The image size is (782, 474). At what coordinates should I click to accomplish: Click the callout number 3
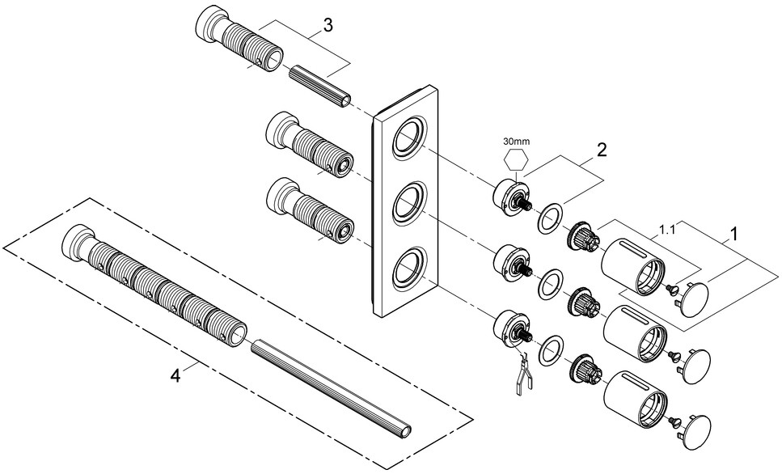coord(328,25)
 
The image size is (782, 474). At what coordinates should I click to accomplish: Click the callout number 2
coord(602,150)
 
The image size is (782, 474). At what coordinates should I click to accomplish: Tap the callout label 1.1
coord(667,230)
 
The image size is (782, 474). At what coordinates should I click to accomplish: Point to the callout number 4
coord(175,375)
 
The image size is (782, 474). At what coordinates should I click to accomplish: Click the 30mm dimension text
coord(516,142)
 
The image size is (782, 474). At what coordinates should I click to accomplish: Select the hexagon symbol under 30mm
coord(516,161)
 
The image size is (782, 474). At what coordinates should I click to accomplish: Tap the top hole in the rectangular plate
coord(409,140)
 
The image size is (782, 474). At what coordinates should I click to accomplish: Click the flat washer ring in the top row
coord(551,218)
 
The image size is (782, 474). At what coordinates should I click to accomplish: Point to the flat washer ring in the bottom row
coord(552,352)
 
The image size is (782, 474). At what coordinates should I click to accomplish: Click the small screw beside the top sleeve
coord(670,288)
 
